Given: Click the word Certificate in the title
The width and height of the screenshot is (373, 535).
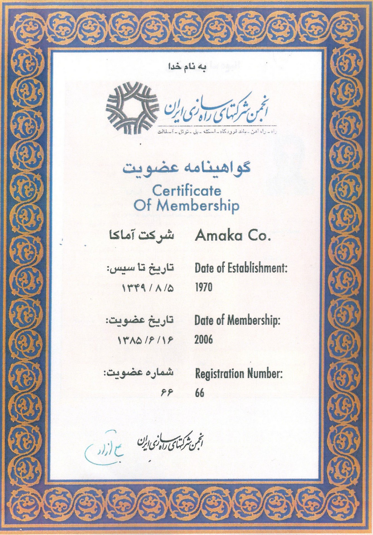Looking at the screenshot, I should click(186, 191).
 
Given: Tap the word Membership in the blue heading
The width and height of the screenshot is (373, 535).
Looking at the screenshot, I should click(198, 206).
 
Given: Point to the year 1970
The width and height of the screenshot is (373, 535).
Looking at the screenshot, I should click(203, 287).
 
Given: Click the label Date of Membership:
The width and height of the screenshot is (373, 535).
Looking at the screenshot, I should click(237, 321).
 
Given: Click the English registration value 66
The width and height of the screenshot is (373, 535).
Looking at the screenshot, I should click(200, 392).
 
